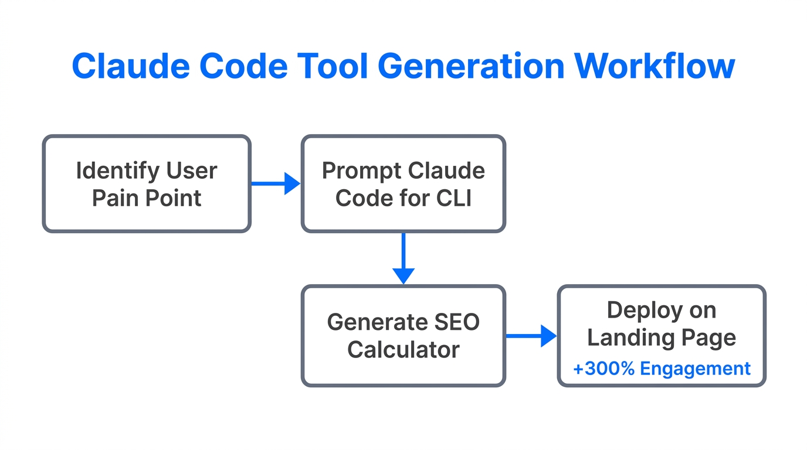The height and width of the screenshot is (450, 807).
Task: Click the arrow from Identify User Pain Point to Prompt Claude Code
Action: point(276,183)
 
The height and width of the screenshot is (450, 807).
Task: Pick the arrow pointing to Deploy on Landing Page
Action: point(531,336)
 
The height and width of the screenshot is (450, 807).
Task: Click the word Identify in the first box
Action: point(117,171)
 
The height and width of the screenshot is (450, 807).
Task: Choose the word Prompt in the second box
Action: point(360,171)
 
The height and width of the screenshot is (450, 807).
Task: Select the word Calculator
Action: point(403,350)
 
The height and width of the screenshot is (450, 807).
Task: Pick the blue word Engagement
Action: point(695,369)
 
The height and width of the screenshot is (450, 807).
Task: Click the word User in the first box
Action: point(191,171)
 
